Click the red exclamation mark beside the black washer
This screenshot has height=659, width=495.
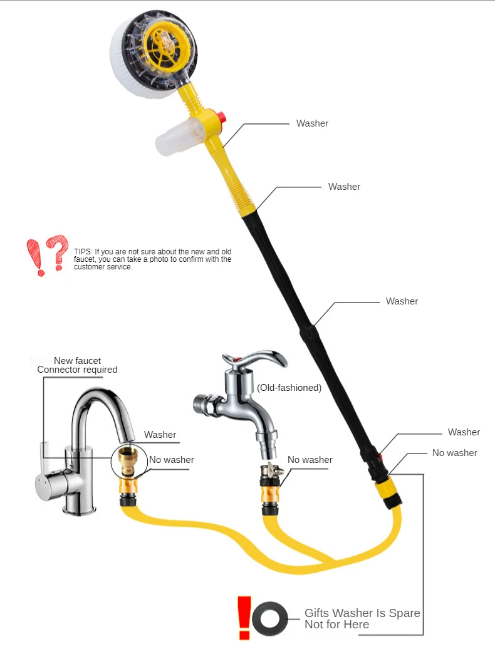point(244,618)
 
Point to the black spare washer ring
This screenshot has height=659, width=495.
point(269,619)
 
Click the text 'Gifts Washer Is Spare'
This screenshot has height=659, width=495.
point(362,613)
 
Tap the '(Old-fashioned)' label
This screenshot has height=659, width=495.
point(289,388)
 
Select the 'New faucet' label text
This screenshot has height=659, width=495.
point(78,361)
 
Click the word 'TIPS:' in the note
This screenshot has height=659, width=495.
point(83,251)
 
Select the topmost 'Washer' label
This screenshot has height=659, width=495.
point(312,123)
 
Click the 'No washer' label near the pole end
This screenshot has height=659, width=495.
point(455,453)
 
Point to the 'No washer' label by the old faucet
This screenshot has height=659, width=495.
point(310,460)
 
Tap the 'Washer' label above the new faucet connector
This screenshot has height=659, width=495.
point(160,435)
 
